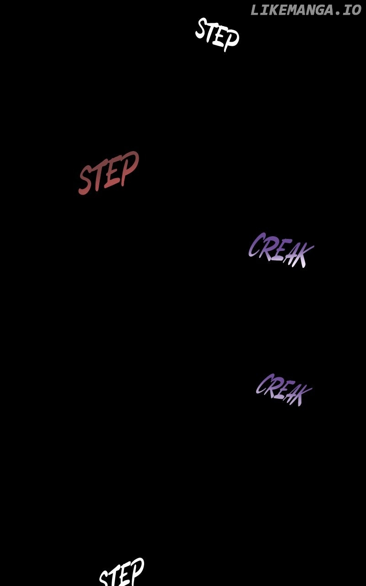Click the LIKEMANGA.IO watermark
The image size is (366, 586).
[x=306, y=10]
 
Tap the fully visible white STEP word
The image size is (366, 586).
[x=217, y=34]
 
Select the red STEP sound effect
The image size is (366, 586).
[x=108, y=173]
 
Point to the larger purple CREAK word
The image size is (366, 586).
[x=280, y=250]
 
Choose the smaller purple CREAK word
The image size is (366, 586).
[x=283, y=390]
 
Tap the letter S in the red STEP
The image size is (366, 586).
[x=85, y=180]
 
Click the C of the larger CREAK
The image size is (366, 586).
[x=255, y=245]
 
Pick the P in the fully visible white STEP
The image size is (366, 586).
[x=231, y=39]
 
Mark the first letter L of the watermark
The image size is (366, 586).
[x=254, y=10]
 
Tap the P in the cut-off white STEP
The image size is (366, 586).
[x=136, y=570]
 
